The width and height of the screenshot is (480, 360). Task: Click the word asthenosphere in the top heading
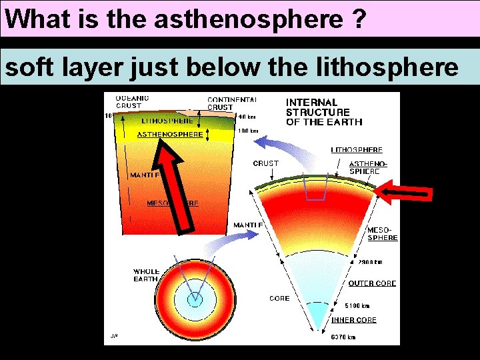pyautogui.click(x=246, y=19)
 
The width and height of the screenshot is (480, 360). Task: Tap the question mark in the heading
pyautogui.click(x=357, y=19)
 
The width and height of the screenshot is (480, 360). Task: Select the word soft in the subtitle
pyautogui.click(x=26, y=67)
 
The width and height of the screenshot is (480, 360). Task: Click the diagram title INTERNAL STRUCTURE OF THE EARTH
pyautogui.click(x=324, y=112)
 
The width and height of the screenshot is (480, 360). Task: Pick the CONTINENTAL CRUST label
pyautogui.click(x=230, y=103)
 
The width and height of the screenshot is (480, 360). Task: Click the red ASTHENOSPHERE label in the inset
pyautogui.click(x=170, y=134)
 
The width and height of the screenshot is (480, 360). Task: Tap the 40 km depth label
pyautogui.click(x=247, y=116)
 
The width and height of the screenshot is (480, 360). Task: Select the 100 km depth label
pyautogui.click(x=249, y=131)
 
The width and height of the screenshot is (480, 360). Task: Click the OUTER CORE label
pyautogui.click(x=372, y=283)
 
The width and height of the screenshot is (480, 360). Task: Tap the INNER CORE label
pyautogui.click(x=354, y=320)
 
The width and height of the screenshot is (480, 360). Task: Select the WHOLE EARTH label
pyautogui.click(x=146, y=275)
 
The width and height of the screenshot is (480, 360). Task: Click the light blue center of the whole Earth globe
pyautogui.click(x=195, y=300)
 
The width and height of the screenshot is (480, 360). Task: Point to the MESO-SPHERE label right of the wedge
pyautogui.click(x=383, y=234)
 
